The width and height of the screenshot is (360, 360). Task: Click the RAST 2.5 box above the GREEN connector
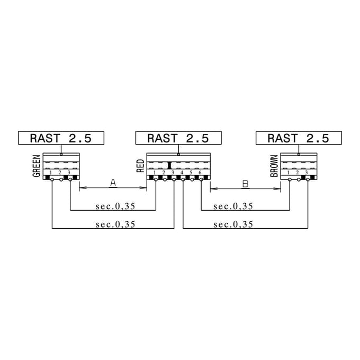(61, 138)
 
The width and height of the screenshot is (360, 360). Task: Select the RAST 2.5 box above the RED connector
(178, 138)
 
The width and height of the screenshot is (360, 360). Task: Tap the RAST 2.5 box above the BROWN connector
(299, 138)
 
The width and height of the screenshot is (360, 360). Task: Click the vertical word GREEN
(37, 166)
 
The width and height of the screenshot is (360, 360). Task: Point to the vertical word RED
(140, 166)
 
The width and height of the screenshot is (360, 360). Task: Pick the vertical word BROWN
(274, 166)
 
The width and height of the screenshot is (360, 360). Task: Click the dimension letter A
(113, 183)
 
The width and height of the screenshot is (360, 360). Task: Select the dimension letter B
(246, 184)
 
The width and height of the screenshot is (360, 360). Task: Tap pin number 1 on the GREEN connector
(51, 173)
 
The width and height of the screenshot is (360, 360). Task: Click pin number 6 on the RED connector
(200, 173)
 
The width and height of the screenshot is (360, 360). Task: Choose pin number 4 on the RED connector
(182, 173)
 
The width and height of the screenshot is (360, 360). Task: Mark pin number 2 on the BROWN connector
(298, 173)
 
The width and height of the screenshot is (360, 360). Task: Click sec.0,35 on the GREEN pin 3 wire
(115, 206)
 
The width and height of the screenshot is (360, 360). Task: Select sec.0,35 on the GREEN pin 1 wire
(115, 224)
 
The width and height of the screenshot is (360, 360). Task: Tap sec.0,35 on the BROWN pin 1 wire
(233, 206)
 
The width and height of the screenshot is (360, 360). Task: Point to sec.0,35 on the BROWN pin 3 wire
(233, 224)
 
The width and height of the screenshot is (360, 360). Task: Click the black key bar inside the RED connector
(169, 165)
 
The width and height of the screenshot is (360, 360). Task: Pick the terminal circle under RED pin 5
(192, 180)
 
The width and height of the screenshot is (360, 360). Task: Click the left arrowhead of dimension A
(83, 188)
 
